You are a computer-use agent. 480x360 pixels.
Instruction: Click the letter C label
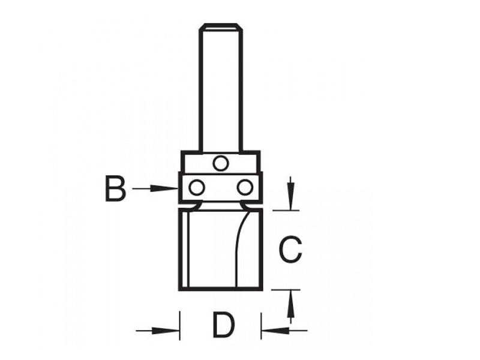tap(290, 250)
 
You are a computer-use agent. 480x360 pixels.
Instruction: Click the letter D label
tap(223, 326)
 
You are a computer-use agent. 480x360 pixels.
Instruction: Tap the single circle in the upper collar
tap(220, 163)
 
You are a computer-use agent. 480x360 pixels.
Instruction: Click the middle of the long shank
tap(220, 90)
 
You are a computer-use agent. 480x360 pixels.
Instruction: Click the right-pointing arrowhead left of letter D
tap(172, 329)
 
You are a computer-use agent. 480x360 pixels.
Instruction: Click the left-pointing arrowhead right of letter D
tap(269, 329)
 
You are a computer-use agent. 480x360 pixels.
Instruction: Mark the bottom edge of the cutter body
tap(220, 289)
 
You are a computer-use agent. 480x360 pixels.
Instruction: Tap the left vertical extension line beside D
tap(180, 324)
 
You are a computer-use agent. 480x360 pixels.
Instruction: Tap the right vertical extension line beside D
tap(261, 324)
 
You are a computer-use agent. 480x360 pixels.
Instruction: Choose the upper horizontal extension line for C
tap(286, 209)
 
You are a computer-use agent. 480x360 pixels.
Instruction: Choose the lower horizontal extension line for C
tap(286, 289)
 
